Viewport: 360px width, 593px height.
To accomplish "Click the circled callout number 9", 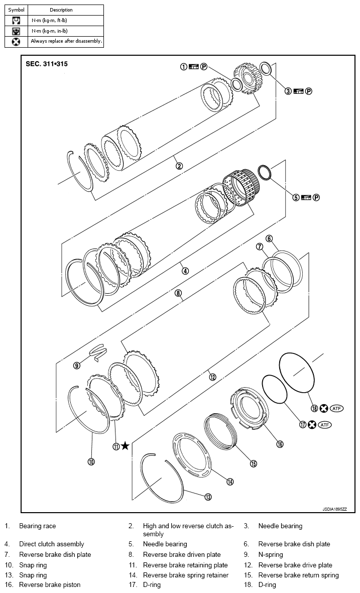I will pyautogui.click(x=77, y=366).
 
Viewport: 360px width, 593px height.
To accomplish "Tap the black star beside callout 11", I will pyautogui.click(x=125, y=445).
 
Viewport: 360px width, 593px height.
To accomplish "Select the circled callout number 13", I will pyautogui.click(x=207, y=497).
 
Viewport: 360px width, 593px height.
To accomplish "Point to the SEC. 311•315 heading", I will pyautogui.click(x=47, y=64).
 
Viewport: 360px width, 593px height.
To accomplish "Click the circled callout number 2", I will pyautogui.click(x=179, y=166).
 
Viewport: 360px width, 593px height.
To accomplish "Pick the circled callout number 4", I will pyautogui.click(x=185, y=271).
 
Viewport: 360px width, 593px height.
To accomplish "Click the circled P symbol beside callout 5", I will pyautogui.click(x=317, y=197).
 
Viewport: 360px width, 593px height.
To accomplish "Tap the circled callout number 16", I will pyautogui.click(x=280, y=443).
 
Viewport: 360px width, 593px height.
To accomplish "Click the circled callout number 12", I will pyautogui.click(x=212, y=377).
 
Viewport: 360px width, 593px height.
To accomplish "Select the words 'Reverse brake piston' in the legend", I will pyautogui.click(x=50, y=584).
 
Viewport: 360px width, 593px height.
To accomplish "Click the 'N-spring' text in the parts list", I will pyautogui.click(x=271, y=555).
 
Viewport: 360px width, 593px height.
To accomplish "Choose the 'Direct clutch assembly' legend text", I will pyautogui.click(x=52, y=544).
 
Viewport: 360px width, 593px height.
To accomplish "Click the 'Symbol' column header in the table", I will pyautogui.click(x=16, y=10).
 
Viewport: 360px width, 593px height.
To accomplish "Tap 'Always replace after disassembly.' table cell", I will pyautogui.click(x=66, y=41).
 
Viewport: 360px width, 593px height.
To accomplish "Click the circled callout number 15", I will pyautogui.click(x=254, y=464).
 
